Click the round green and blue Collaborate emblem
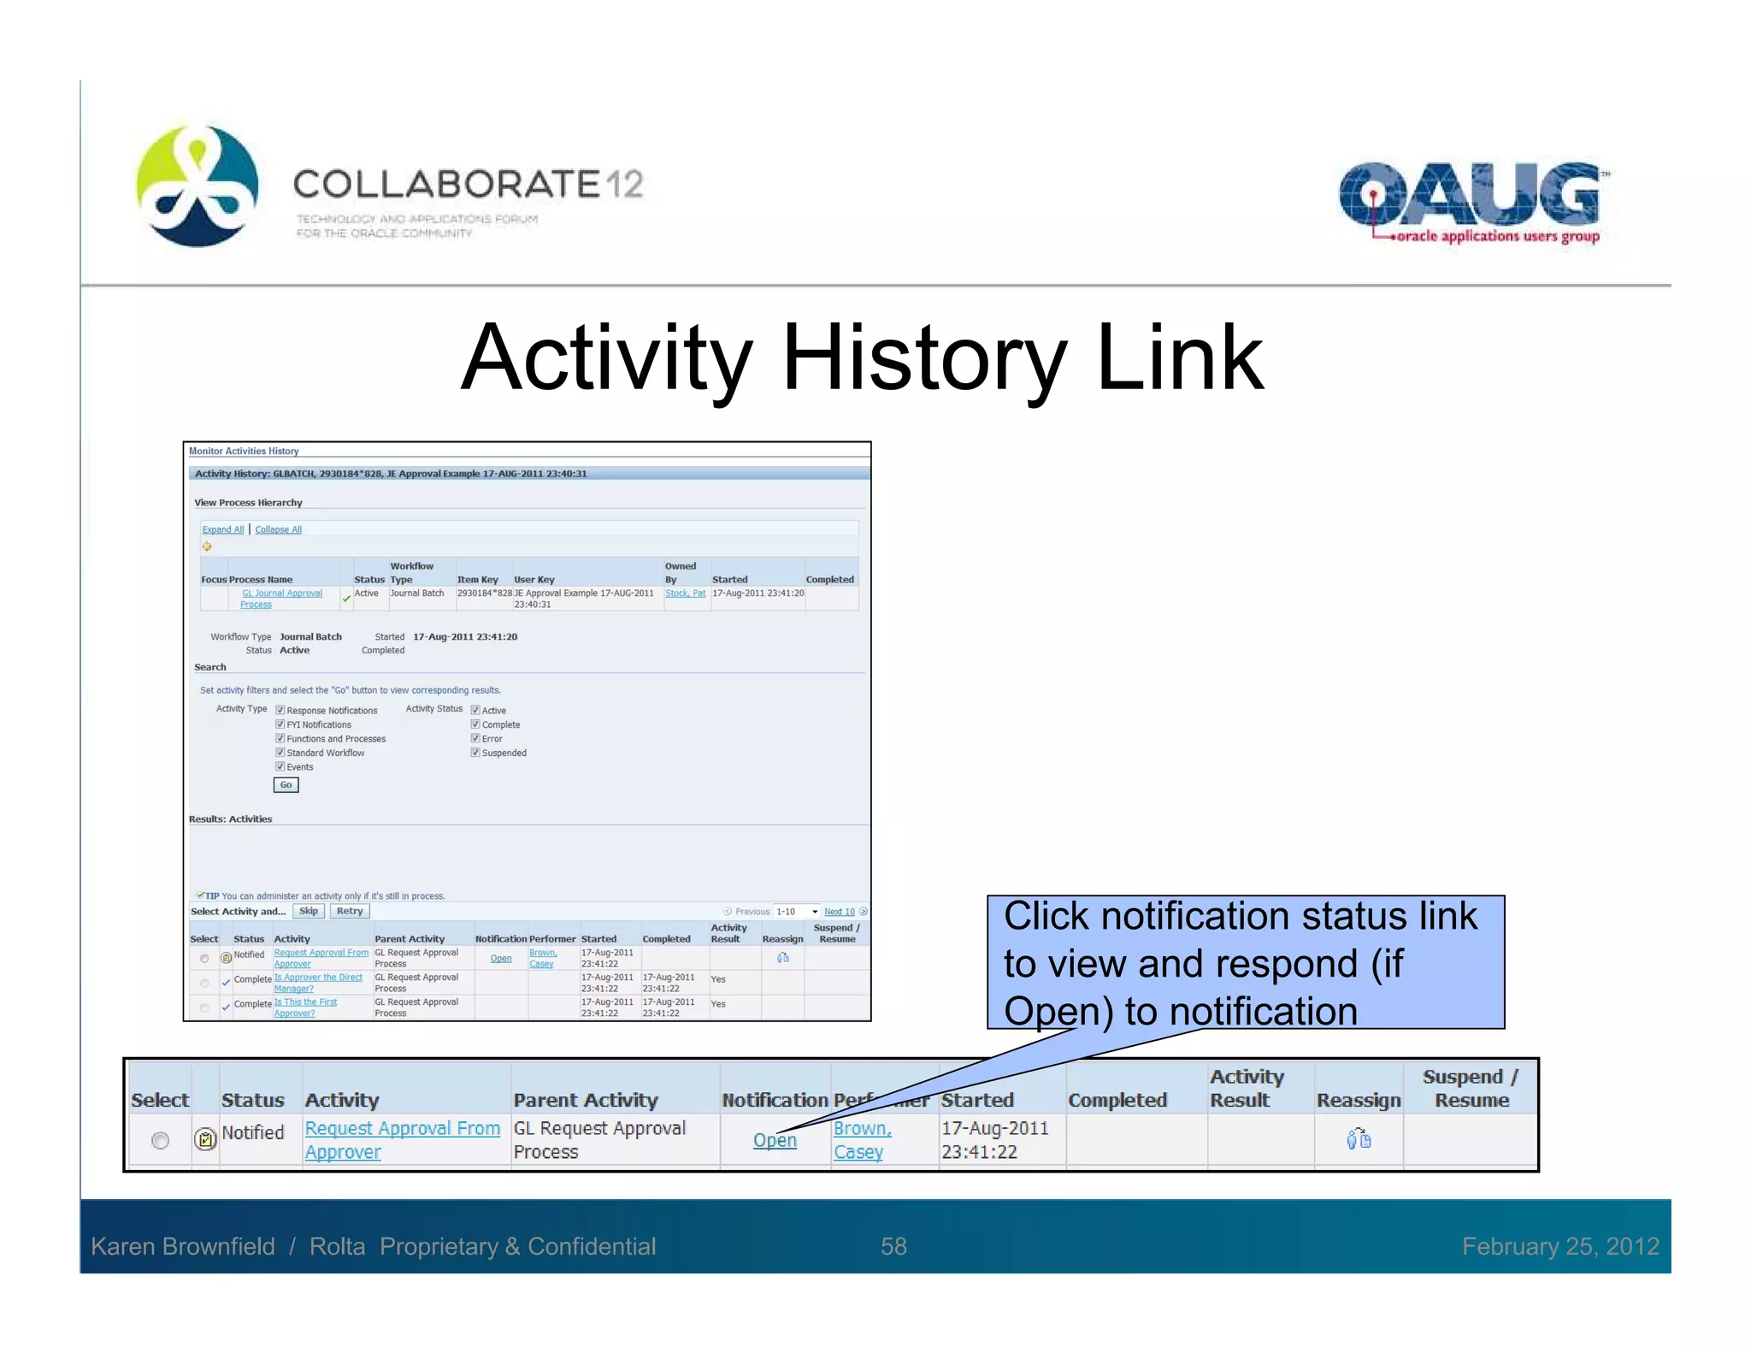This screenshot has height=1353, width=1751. point(198,186)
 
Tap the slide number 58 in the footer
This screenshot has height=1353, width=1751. point(893,1246)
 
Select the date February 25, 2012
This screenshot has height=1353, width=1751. point(1560,1246)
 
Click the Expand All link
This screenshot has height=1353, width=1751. point(222,529)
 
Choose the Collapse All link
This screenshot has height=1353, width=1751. point(278,529)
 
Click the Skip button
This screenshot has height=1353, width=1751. point(309,912)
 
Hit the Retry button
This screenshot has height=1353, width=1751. point(349,912)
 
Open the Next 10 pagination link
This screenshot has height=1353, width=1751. point(839,912)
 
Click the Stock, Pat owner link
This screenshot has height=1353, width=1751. point(685,593)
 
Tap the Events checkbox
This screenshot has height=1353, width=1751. point(280,767)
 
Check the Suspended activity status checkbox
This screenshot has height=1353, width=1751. point(475,753)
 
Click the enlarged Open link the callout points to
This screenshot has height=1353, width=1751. point(775,1140)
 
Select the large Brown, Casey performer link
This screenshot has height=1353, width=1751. point(861,1140)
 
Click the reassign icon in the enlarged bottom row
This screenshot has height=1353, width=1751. point(1358,1139)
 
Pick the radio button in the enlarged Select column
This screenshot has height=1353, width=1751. point(160,1140)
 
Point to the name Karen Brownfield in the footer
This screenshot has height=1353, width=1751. point(183,1246)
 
